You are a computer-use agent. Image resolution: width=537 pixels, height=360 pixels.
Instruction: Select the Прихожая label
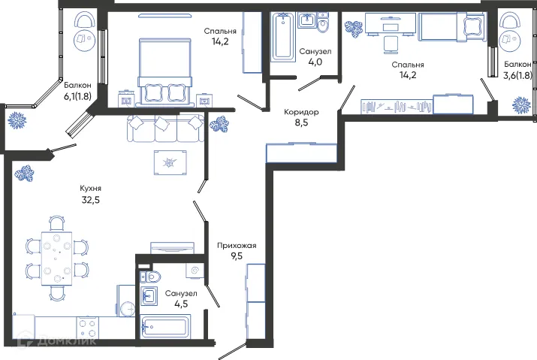[x=237, y=245]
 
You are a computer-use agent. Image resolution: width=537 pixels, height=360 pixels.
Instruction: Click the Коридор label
[x=301, y=112]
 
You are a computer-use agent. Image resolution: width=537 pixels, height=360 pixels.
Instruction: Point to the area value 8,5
[x=301, y=124]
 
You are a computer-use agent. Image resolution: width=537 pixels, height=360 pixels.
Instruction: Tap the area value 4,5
[x=182, y=304]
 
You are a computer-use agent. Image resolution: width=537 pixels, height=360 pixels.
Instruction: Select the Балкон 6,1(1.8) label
[x=79, y=86]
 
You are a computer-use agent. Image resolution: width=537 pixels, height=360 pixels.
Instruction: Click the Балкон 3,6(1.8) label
[x=519, y=65]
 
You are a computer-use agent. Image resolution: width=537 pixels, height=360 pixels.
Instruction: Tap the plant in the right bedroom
[x=353, y=28]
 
